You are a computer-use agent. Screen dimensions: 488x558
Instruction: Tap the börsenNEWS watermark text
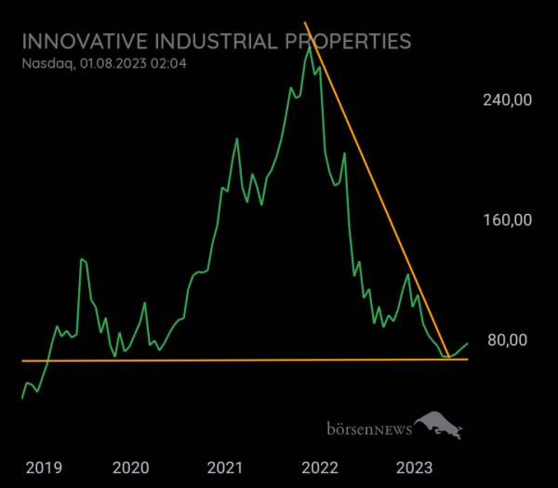368,429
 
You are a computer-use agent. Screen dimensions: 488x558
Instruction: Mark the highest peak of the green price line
308,42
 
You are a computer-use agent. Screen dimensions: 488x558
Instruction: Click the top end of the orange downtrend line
305,22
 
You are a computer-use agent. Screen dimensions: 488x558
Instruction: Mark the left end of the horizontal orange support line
22,361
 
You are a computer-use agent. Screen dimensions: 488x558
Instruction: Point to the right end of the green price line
468,343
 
